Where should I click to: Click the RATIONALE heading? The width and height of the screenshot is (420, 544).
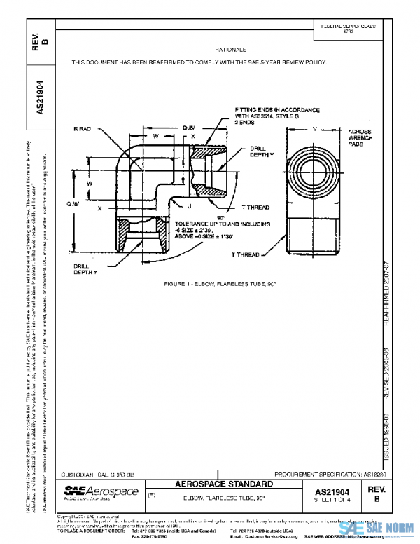point(231,50)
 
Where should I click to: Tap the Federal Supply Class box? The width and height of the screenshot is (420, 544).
point(348,28)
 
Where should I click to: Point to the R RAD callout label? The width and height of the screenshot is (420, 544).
point(83,129)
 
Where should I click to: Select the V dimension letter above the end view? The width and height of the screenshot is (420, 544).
point(315,129)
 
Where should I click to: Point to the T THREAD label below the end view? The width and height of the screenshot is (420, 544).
point(246,254)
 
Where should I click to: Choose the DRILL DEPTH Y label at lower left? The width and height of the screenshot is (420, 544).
point(85,269)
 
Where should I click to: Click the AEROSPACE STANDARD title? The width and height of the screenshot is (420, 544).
point(223,484)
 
